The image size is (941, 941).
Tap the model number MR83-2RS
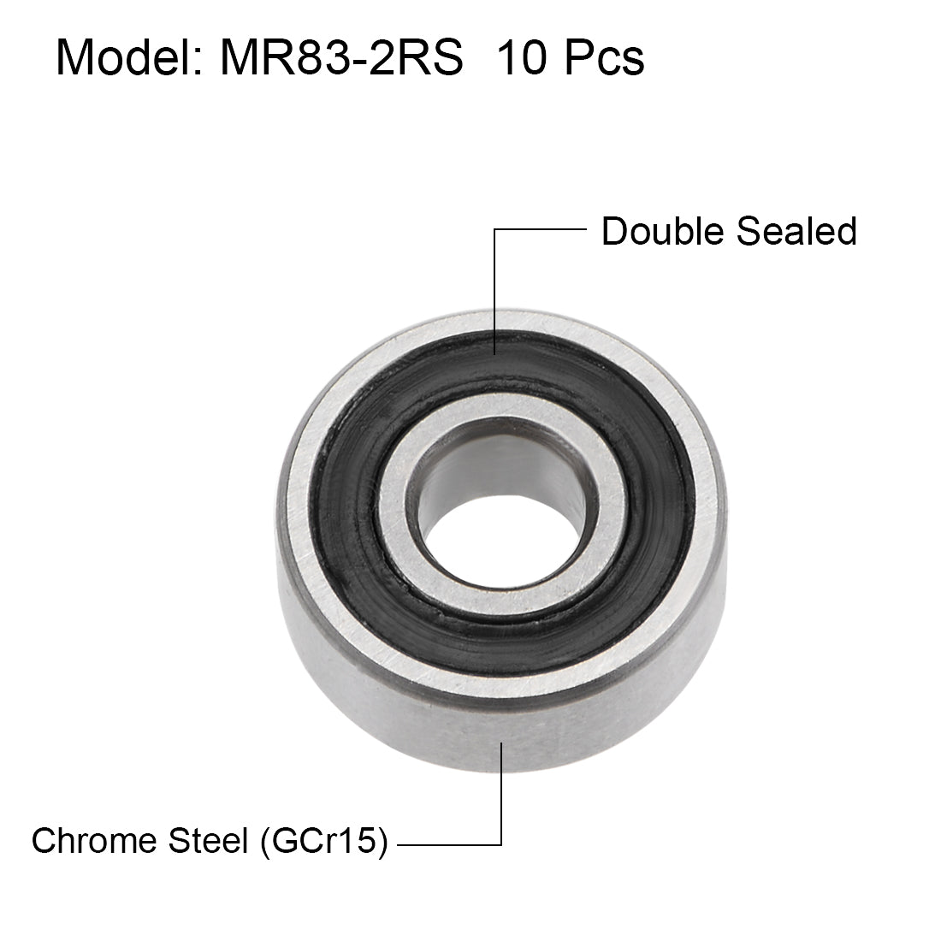coord(341,59)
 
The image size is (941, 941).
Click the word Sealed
coord(795,232)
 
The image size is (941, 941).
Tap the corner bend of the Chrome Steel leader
coord(500,843)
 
